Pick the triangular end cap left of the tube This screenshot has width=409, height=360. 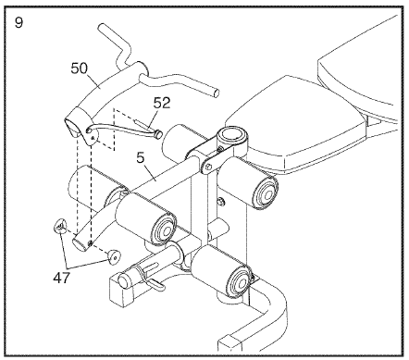click(60, 224)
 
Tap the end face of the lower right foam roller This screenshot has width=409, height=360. click(237, 277)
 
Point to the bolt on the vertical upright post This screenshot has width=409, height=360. click(220, 201)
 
